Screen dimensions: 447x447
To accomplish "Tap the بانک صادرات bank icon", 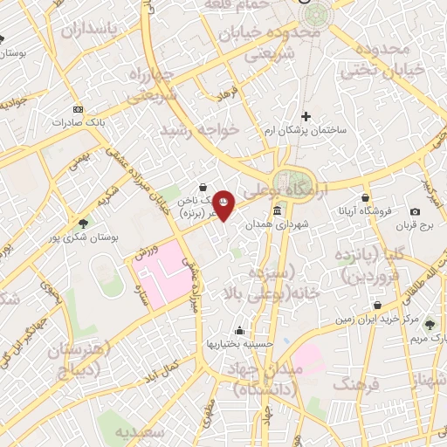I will pyautogui.click(x=79, y=109).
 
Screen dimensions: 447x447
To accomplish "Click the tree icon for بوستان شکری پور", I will pyautogui.click(x=83, y=223).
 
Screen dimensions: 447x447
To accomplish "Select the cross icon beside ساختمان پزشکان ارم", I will pyautogui.click(x=306, y=116).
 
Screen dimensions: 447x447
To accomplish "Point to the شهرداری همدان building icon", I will pyautogui.click(x=277, y=211).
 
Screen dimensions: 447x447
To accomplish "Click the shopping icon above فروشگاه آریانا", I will pyautogui.click(x=365, y=197).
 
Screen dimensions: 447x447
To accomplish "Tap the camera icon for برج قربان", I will pyautogui.click(x=415, y=212).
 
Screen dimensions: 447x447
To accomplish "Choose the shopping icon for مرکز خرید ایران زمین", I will pyautogui.click(x=376, y=306).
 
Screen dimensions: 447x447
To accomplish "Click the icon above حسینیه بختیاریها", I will pyautogui.click(x=238, y=330).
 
